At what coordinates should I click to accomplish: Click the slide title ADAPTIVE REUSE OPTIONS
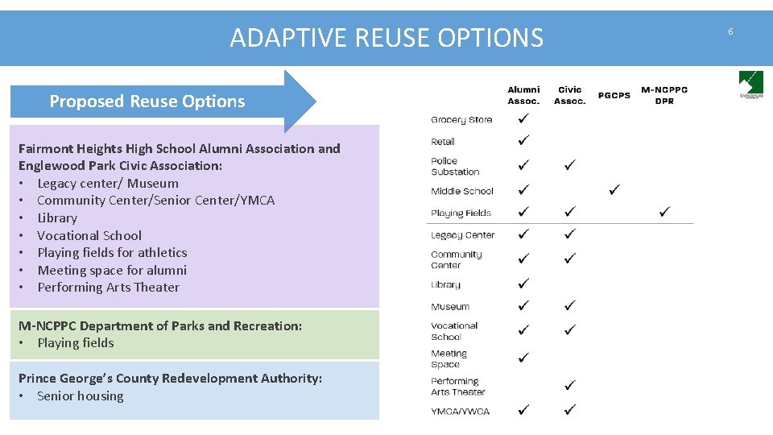click(386, 38)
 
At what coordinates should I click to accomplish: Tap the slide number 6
click(730, 31)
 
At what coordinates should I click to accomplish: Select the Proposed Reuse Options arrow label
click(147, 101)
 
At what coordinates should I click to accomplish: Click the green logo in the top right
click(750, 84)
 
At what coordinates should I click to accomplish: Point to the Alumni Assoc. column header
click(523, 95)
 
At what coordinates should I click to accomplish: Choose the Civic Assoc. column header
click(569, 95)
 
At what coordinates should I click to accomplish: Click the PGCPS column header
click(614, 96)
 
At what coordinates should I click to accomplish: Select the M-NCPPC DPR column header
click(664, 95)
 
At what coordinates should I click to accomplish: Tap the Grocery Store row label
click(461, 120)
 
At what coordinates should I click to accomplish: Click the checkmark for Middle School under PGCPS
click(614, 190)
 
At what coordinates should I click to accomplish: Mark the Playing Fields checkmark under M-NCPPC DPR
click(664, 212)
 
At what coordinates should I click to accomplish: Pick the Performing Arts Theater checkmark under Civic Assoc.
click(569, 385)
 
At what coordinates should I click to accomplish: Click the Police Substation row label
click(455, 167)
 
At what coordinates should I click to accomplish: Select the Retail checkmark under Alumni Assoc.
click(523, 140)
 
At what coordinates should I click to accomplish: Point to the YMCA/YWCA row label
click(460, 412)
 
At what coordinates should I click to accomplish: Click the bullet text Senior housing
click(81, 396)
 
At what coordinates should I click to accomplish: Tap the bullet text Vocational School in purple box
click(89, 235)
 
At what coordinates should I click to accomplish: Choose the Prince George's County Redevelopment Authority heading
click(170, 378)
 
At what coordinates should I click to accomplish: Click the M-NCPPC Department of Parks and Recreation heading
click(160, 325)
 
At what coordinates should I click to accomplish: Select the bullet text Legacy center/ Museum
click(108, 183)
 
